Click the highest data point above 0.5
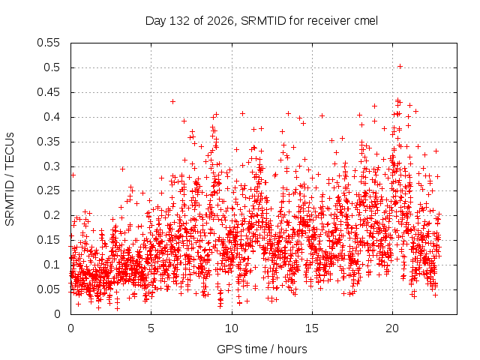coord(400,67)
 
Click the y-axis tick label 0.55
coord(48,43)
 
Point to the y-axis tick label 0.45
coord(48,92)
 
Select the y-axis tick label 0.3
coord(52,166)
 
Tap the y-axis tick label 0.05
coord(48,289)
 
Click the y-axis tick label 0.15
coord(48,240)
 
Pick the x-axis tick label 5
coord(151,328)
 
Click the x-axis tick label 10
coord(232,328)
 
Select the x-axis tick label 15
coord(312,328)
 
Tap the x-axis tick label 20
coord(392,328)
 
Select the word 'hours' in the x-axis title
coord(292,349)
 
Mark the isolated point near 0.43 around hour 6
coord(172,101)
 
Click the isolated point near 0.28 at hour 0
coord(73,175)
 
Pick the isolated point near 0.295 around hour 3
coord(122,169)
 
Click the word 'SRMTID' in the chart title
coord(263,21)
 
